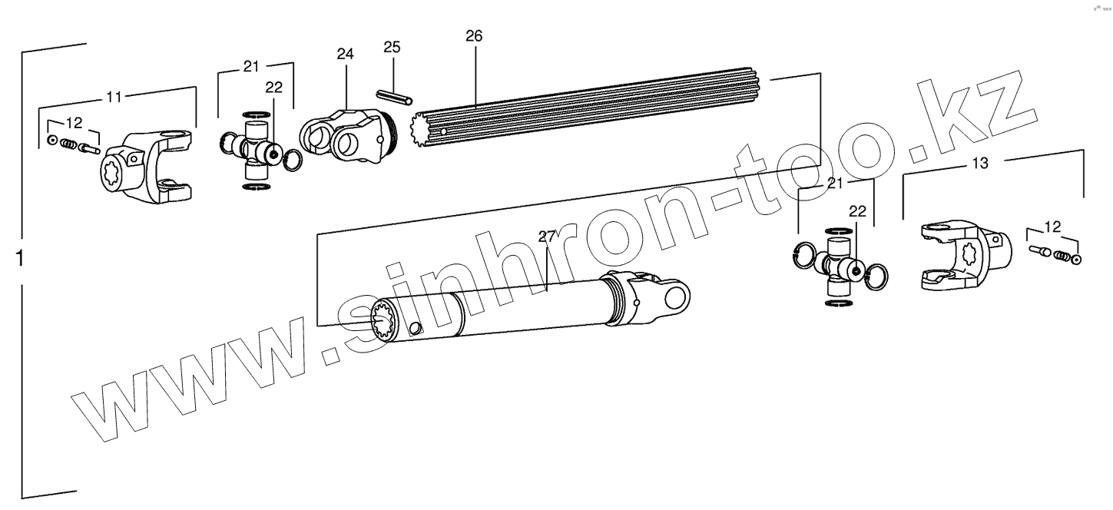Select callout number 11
pos(114,97)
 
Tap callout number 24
pos(345,54)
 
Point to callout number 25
pos(392,48)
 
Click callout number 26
pos(474,36)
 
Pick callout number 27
pos(546,237)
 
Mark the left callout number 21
pos(251,67)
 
